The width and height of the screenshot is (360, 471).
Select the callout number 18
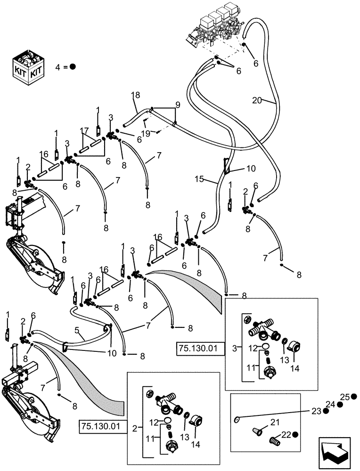coord(136,96)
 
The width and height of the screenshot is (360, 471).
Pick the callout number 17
coord(84,130)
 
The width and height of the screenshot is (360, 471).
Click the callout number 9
coord(178,104)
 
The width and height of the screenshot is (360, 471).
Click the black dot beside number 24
coord(341,404)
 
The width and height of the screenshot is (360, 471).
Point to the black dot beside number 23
coord(326,411)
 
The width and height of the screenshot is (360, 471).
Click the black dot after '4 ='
coord(73,67)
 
